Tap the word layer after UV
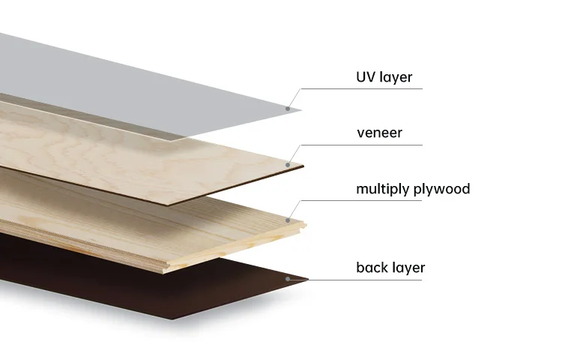(396, 77)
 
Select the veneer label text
(379, 133)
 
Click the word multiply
(382, 189)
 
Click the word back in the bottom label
(372, 267)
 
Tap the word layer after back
(408, 268)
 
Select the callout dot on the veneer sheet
(288, 163)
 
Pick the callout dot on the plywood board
(288, 220)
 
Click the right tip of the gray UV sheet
(301, 111)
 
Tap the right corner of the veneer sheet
(303, 166)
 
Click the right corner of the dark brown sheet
(307, 281)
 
